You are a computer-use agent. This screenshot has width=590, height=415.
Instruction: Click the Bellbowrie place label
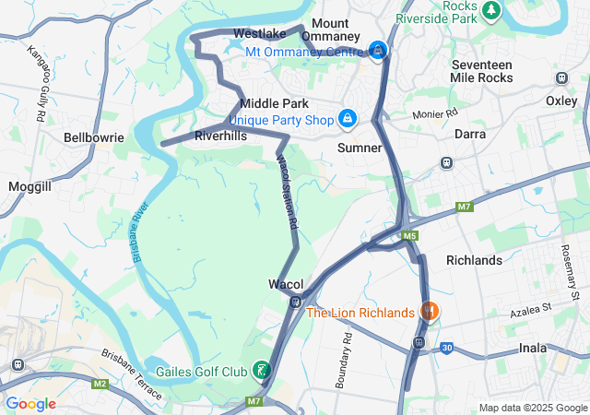point(93,137)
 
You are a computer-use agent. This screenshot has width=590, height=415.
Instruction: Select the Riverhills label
point(221,136)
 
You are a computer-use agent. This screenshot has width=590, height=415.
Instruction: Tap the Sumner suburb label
point(360,148)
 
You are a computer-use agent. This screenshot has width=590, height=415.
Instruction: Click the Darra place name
point(477,134)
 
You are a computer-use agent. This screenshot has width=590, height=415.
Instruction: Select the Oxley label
point(560,100)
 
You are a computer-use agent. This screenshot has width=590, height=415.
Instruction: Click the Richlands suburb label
point(474,260)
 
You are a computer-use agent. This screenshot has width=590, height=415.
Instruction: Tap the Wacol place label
point(285,283)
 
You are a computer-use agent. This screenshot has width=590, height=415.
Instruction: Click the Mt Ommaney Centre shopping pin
point(378,50)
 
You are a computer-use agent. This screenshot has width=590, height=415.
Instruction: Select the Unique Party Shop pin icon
point(348,118)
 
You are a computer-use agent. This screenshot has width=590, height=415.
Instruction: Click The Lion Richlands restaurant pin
point(428,312)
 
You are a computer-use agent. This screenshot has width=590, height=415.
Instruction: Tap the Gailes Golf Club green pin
point(263,370)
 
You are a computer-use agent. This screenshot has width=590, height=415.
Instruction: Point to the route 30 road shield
point(446,348)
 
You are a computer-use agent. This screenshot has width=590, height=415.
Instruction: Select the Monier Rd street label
point(436,113)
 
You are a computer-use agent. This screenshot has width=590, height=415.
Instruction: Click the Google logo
point(30,403)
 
